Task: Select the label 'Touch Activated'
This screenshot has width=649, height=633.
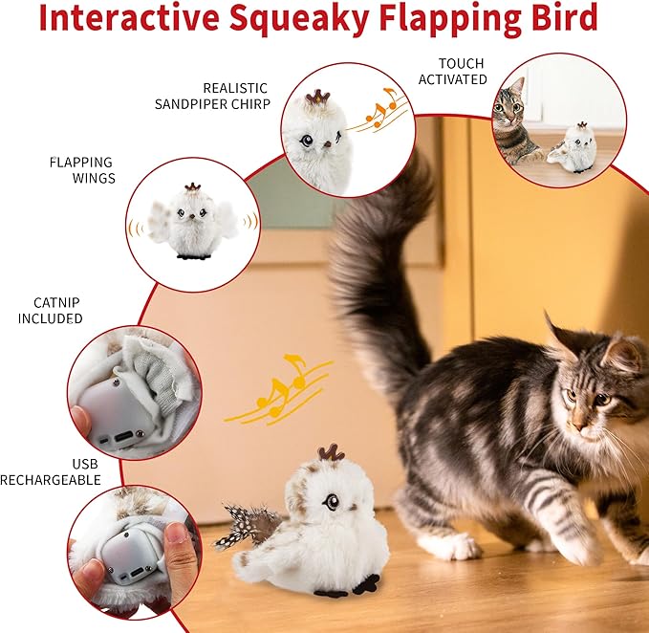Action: (452, 72)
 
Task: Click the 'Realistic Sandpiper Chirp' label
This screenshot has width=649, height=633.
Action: (212, 96)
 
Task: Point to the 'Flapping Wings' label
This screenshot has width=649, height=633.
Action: (81, 169)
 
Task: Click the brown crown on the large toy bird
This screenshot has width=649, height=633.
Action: (331, 451)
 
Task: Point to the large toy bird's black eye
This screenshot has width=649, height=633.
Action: (331, 500)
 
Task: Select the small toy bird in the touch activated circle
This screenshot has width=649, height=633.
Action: (577, 150)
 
